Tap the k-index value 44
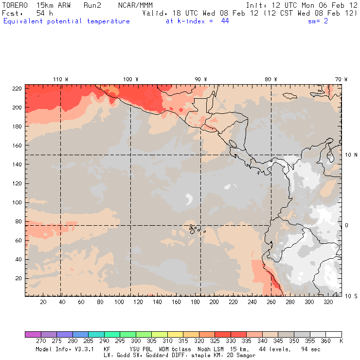(x=224, y=21)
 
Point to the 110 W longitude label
(x=60, y=79)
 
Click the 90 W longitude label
(x=200, y=79)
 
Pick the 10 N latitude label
(x=351, y=155)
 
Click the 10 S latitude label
(x=351, y=296)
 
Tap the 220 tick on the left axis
(x=17, y=88)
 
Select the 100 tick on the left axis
(x=17, y=202)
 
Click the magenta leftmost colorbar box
(x=33, y=334)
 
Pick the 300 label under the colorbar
(x=135, y=341)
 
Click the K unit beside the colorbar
(x=341, y=341)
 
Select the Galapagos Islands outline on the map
(x=194, y=228)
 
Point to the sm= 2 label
(x=318, y=21)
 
